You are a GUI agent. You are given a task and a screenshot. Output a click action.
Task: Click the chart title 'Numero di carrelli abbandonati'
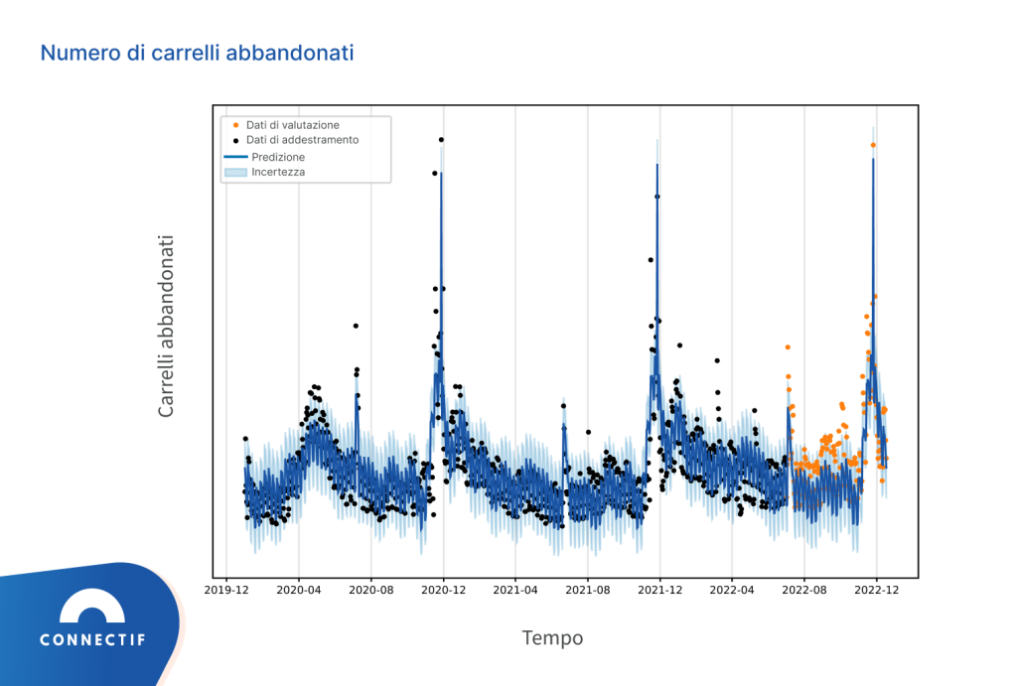click(x=197, y=53)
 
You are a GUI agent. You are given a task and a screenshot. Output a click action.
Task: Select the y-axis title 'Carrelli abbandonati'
click(x=166, y=326)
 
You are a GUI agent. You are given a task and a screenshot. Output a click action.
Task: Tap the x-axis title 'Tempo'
click(x=552, y=637)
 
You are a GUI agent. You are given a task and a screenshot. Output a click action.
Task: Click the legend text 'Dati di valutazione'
click(x=293, y=125)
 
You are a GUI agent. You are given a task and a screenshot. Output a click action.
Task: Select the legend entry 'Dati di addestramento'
click(x=302, y=140)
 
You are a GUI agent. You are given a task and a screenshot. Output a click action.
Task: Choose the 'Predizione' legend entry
click(x=278, y=157)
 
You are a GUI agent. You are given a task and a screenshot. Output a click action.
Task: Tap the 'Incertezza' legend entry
click(x=278, y=172)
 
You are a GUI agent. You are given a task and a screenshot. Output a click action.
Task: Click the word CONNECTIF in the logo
click(x=92, y=640)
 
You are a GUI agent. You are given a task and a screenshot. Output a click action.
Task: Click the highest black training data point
click(x=441, y=140)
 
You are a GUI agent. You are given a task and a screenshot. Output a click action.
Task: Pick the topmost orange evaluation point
click(x=873, y=145)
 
